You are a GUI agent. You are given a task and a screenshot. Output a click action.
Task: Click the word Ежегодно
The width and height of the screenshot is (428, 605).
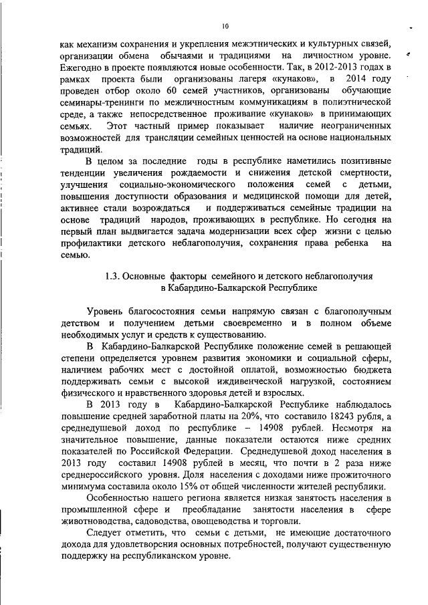[x=81, y=69]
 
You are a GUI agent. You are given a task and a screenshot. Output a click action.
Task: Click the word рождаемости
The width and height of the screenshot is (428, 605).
[x=208, y=172]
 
